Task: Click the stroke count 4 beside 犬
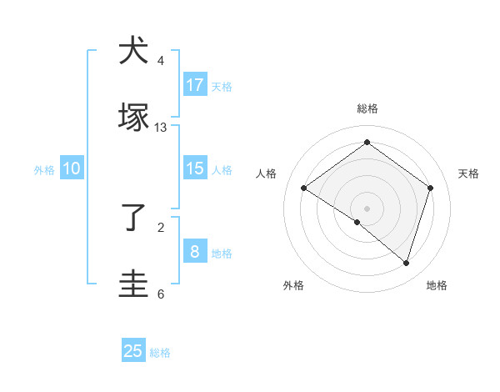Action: (x=161, y=61)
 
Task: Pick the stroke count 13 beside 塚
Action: (x=161, y=128)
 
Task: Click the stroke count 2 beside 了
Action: (x=161, y=227)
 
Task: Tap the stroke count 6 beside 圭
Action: (x=161, y=294)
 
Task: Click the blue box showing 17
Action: (x=195, y=84)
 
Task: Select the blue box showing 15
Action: (x=195, y=168)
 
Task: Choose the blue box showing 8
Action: (x=195, y=251)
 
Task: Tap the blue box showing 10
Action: (x=72, y=168)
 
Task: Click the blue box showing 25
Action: (x=133, y=351)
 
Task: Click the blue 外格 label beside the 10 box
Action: (x=44, y=170)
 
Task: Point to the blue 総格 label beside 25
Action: (x=160, y=353)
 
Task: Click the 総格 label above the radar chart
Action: (x=367, y=108)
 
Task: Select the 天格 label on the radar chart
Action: (x=468, y=173)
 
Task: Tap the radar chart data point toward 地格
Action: (x=407, y=263)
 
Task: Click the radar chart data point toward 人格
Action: (x=304, y=188)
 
